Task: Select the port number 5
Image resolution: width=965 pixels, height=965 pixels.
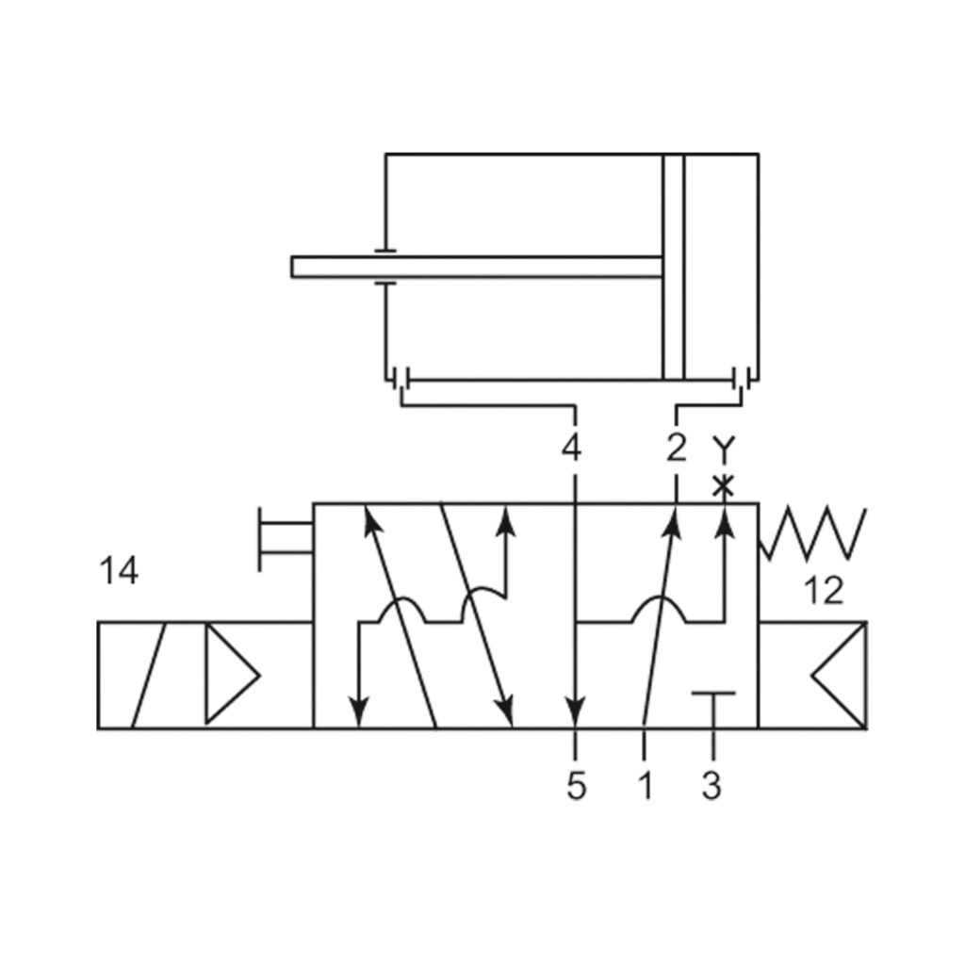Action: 577,785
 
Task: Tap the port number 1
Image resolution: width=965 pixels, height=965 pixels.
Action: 645,785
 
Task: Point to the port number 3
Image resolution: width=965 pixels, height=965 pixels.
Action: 712,785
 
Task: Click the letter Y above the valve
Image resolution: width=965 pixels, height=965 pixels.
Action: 723,450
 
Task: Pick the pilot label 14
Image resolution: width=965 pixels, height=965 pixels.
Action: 119,571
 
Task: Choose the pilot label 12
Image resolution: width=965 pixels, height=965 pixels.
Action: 825,591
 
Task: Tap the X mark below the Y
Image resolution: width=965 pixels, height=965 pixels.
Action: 723,486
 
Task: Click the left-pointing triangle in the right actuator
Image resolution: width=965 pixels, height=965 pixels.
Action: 839,675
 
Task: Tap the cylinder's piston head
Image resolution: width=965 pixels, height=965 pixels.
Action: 673,267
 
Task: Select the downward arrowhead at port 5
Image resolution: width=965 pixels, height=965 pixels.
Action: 576,711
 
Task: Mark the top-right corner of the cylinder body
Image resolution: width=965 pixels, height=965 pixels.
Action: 758,154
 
